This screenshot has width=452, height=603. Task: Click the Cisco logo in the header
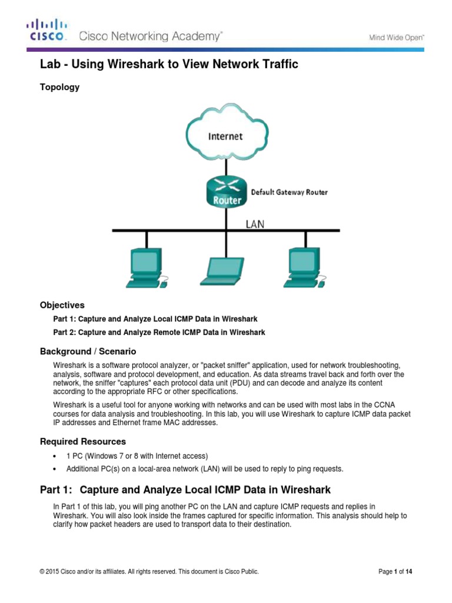48,31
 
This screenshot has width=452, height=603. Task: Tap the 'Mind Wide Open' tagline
397,37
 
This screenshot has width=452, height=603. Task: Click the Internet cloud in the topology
225,135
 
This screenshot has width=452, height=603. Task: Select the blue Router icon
225,191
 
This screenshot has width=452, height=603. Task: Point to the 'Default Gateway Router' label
290,192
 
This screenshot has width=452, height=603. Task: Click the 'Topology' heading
59,87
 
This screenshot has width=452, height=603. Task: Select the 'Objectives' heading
62,305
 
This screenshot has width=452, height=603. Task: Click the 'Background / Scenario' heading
88,352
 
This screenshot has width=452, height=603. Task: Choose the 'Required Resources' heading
82,441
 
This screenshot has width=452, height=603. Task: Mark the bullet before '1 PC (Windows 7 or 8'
54,456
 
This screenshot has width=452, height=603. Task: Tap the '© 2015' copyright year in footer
50,571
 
